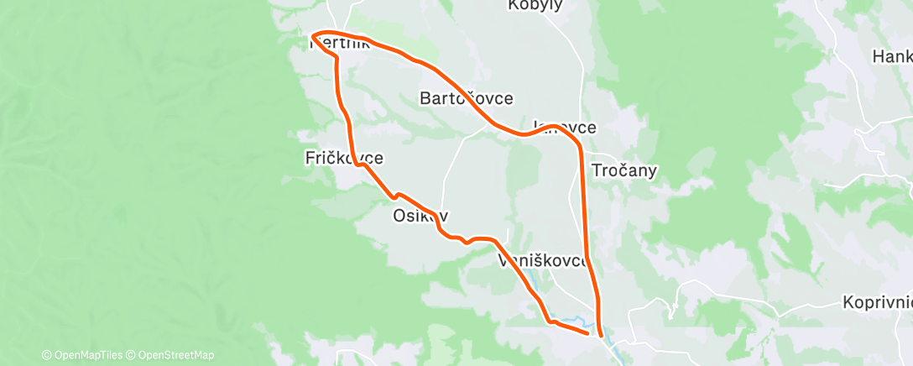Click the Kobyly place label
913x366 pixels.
(x=535, y=6)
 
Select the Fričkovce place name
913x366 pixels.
(x=344, y=157)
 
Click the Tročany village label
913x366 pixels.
(x=624, y=170)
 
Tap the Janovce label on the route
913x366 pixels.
(x=565, y=128)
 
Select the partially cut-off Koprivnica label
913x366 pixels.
(x=877, y=302)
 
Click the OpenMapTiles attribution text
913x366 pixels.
(x=85, y=355)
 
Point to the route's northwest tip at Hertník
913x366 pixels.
(x=312, y=36)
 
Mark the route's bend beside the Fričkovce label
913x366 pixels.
(x=361, y=165)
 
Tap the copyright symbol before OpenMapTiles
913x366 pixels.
(x=47, y=355)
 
